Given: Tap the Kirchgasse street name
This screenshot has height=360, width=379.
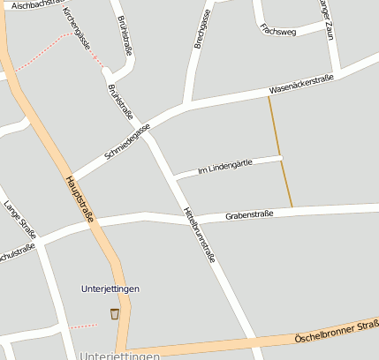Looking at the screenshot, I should (77, 29).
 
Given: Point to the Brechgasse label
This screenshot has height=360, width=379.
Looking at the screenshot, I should (198, 30).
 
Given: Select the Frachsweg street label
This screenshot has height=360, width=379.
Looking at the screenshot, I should (278, 31).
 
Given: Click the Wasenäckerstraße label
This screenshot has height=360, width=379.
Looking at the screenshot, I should (301, 84).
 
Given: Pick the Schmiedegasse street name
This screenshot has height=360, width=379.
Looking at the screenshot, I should (127, 141).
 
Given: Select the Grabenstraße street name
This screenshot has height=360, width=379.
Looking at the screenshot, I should (249, 214).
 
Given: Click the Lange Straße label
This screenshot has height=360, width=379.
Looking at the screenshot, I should (19, 220).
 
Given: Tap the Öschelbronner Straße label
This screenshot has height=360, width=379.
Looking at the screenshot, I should (337, 332).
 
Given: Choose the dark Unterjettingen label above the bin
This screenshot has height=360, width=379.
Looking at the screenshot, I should (110, 289).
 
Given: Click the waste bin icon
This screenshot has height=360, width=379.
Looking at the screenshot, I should (114, 313).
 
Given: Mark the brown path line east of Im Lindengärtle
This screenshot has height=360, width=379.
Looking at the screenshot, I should (281, 150).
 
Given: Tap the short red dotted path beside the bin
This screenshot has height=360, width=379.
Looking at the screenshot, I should (83, 326).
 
